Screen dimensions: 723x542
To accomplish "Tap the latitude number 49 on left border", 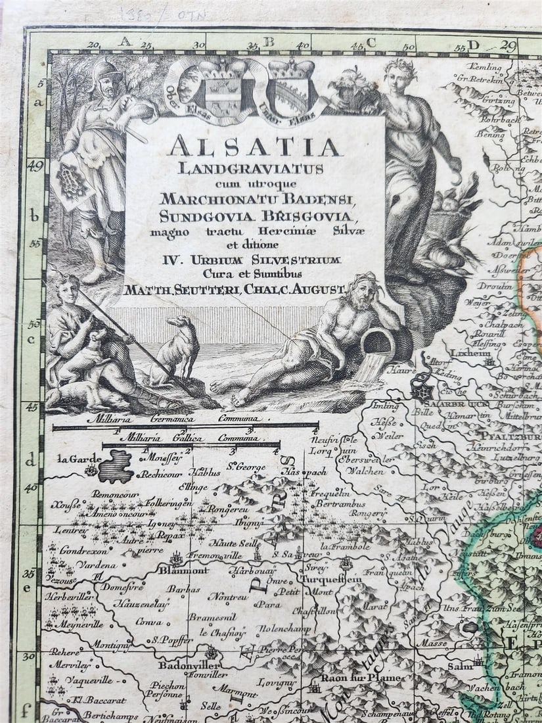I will tap(35, 165).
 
